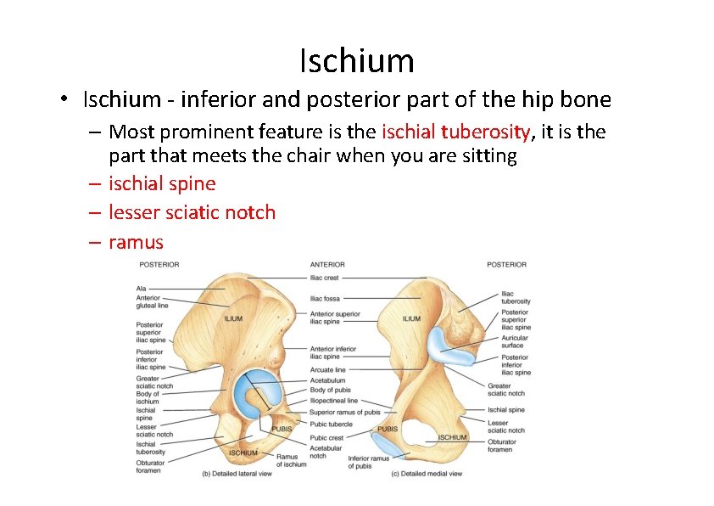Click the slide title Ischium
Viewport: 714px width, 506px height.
356,61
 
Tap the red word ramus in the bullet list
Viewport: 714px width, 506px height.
136,242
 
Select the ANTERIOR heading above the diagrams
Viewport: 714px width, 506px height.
327,264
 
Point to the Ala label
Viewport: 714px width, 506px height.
141,289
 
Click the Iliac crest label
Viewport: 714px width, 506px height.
326,278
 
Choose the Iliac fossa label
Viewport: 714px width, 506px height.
326,299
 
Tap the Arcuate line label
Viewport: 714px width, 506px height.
328,369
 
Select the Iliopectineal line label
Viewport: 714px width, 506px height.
333,401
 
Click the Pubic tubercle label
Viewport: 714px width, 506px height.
330,424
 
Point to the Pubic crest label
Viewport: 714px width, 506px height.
326,438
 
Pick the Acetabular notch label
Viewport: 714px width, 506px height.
326,452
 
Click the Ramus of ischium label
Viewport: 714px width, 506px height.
292,460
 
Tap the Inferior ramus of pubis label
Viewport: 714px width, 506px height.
368,462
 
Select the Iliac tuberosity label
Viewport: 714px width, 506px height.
516,297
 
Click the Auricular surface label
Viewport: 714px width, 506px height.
514,341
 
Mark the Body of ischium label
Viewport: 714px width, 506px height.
148,397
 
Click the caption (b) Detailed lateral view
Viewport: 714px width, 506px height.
236,473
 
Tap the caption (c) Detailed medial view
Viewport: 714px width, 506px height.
427,473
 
